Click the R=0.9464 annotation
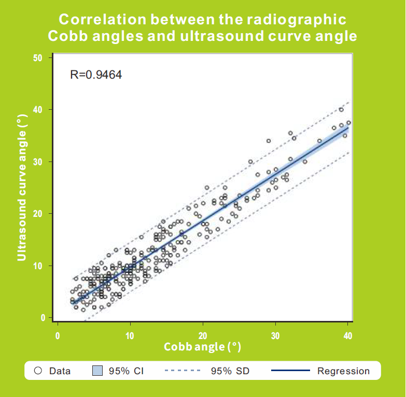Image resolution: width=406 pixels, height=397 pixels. (x=95, y=75)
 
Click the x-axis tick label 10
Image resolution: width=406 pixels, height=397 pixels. (x=130, y=336)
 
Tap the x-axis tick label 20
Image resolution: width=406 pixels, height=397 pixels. (x=203, y=336)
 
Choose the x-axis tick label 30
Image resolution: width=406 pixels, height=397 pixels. (x=275, y=336)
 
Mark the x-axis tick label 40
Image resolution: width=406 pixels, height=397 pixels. (x=348, y=336)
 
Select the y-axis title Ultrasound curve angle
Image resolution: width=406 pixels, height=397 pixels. (x=22, y=188)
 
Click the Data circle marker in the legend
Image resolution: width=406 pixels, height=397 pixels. (x=38, y=371)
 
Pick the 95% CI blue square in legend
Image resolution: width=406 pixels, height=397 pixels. (x=96, y=371)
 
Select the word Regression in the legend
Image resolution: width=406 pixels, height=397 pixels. (x=343, y=371)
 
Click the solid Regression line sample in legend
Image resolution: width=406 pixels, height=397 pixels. (x=290, y=371)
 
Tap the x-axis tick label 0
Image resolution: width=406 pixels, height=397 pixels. (x=57, y=336)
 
